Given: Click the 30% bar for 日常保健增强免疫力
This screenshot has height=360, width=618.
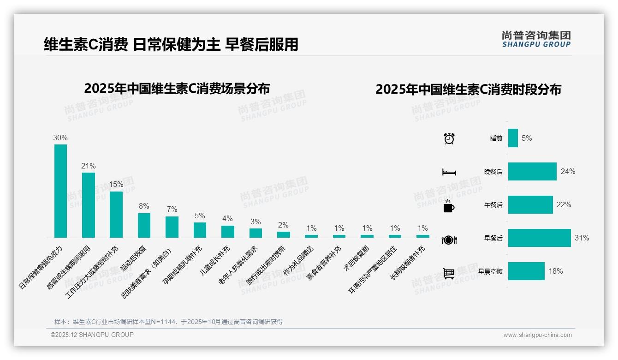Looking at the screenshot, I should tap(60, 191).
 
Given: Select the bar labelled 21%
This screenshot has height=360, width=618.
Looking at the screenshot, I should tap(89, 205).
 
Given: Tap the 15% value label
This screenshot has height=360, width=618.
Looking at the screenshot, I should tap(116, 184).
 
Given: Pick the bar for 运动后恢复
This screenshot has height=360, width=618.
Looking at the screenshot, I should tap(144, 225).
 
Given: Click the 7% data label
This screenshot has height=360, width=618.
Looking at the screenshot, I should tap(172, 210).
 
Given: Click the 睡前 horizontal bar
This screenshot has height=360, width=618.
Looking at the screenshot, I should tap(513, 138).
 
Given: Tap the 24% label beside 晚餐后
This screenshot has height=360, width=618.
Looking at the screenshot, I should tap(568, 171).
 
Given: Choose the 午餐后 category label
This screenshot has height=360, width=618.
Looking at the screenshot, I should tap(493, 205).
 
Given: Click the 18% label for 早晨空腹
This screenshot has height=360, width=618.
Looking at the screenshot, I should tap(555, 271).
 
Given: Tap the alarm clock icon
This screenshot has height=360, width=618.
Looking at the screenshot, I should tap(449, 138).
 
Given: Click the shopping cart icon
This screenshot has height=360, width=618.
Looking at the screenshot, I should tap(449, 273).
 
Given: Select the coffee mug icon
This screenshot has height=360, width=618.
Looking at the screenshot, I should tap(449, 206).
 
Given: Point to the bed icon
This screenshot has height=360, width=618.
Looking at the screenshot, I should tap(449, 172).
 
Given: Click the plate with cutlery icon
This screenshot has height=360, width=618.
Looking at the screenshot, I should tap(449, 240).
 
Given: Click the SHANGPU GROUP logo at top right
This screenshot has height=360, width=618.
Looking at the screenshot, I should tap(536, 39).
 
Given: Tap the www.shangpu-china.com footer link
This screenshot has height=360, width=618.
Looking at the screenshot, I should tap(537, 335).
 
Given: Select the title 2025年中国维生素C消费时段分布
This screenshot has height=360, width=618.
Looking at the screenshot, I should tap(468, 90).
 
